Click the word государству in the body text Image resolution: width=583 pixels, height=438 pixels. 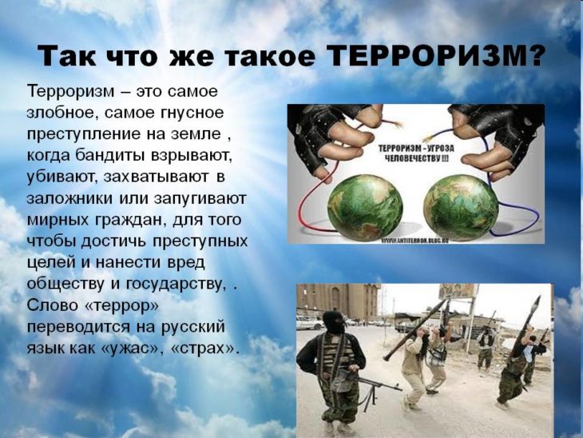click(x=176, y=285)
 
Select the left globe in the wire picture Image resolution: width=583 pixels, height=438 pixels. click(x=365, y=207)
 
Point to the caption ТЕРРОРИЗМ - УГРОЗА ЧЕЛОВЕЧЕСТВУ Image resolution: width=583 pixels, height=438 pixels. click(x=416, y=153)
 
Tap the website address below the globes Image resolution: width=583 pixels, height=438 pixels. click(x=414, y=241)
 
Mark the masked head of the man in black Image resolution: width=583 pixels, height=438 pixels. click(x=334, y=322)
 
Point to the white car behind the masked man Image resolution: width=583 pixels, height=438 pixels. click(x=310, y=323)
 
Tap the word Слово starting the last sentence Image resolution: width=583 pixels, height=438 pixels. click(x=53, y=306)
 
